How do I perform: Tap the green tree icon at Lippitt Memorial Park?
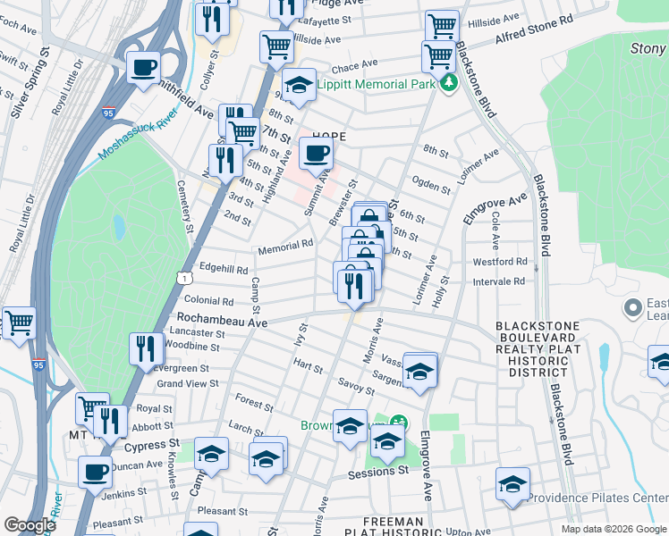click(x=448, y=84)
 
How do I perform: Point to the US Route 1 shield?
click(x=184, y=280)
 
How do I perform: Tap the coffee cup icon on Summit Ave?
click(x=315, y=153)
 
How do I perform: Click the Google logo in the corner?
click(x=30, y=525)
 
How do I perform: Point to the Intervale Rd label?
click(x=501, y=281)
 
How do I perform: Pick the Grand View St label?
click(x=188, y=383)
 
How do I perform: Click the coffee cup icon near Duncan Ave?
click(x=95, y=473)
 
